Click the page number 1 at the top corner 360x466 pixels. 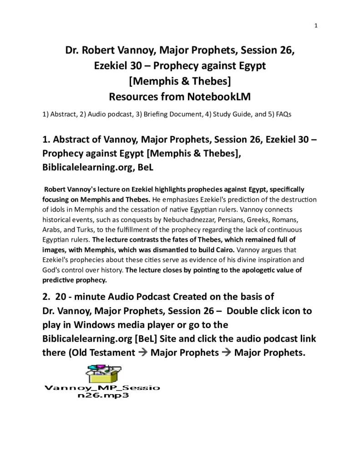tap(315, 25)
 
